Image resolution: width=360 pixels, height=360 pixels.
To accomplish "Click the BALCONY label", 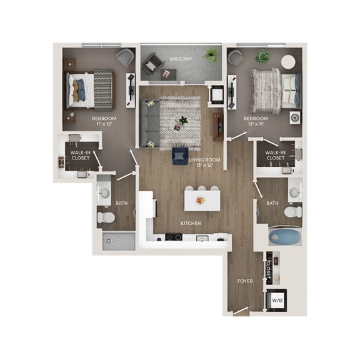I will (181, 59).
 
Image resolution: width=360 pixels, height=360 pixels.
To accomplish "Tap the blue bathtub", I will (284, 237).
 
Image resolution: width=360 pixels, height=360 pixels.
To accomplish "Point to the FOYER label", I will (245, 281).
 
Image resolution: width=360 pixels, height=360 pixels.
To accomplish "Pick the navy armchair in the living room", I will (180, 156).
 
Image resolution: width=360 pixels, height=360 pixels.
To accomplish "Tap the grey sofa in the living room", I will (149, 124).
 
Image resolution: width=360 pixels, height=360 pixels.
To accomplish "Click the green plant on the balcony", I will (211, 56).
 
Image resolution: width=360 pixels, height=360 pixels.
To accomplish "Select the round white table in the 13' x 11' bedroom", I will (288, 62).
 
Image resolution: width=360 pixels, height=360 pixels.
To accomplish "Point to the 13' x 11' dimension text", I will (256, 124).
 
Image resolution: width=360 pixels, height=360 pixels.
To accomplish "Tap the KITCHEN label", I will (190, 223).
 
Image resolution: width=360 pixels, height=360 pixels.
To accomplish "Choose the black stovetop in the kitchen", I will (173, 237).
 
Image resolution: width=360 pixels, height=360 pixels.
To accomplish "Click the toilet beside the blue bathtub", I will (292, 212).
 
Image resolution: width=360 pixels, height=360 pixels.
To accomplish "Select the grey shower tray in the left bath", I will (118, 241).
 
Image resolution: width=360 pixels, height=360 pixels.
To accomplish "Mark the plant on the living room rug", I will (182, 119).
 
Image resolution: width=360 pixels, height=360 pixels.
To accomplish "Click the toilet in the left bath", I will (106, 218).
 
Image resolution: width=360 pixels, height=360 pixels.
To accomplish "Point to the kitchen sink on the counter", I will (201, 238).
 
